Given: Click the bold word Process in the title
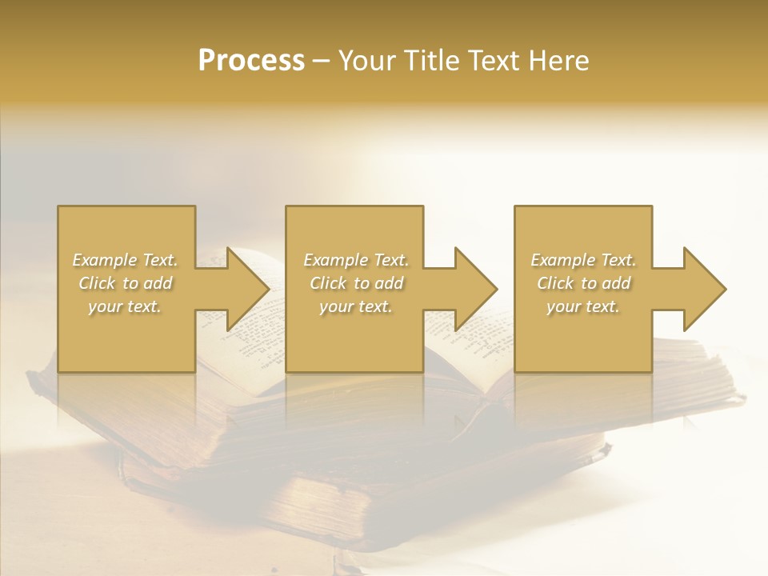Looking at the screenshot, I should (251, 61).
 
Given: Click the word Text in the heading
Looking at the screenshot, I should (495, 61).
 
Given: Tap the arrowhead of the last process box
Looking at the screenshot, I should (703, 289).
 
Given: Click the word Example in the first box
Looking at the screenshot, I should (104, 260).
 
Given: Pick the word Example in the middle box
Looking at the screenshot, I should (335, 260).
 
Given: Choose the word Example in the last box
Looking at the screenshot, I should (562, 260).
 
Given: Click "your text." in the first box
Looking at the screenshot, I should (125, 306).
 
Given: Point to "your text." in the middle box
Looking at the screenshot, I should (356, 306).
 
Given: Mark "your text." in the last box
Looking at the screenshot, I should (583, 306).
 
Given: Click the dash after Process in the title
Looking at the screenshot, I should (321, 62).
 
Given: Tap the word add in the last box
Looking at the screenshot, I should (615, 283).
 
